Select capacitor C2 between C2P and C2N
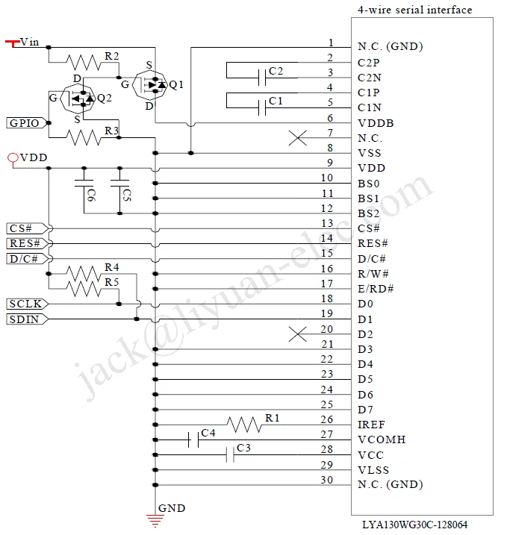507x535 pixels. click(262, 77)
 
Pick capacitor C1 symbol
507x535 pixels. click(262, 107)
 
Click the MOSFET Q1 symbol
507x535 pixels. click(152, 85)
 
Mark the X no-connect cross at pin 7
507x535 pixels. click(298, 138)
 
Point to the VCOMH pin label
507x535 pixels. click(382, 439)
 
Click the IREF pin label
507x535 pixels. click(371, 425)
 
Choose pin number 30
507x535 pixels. click(327, 479)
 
